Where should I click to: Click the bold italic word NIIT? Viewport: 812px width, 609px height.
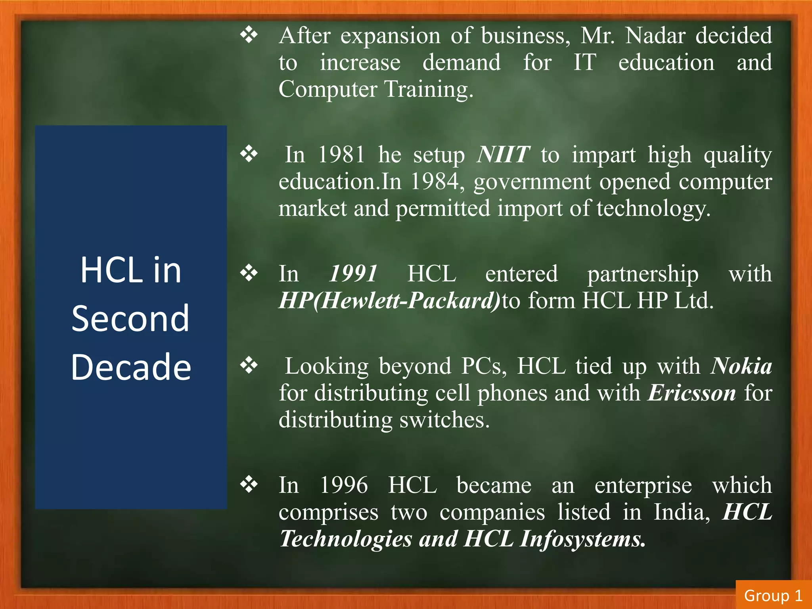[503, 155]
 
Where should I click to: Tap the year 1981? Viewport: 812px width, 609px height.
[341, 155]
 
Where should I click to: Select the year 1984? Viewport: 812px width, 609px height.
[434, 182]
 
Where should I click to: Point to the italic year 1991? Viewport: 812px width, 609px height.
[353, 274]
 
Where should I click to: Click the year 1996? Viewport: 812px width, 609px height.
[343, 485]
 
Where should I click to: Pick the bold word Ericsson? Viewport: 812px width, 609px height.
[692, 393]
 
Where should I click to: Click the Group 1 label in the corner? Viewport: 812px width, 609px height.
[773, 596]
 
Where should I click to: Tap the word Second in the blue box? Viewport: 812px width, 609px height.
[130, 318]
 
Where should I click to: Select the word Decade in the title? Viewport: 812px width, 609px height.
[131, 367]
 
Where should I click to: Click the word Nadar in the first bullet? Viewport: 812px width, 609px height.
[655, 36]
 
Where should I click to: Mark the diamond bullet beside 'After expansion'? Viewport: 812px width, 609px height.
[249, 35]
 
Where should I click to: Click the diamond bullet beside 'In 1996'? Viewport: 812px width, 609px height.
[249, 484]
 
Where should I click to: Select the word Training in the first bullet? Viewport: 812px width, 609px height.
[429, 89]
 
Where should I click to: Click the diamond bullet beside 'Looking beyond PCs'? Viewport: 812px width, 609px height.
[249, 365]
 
